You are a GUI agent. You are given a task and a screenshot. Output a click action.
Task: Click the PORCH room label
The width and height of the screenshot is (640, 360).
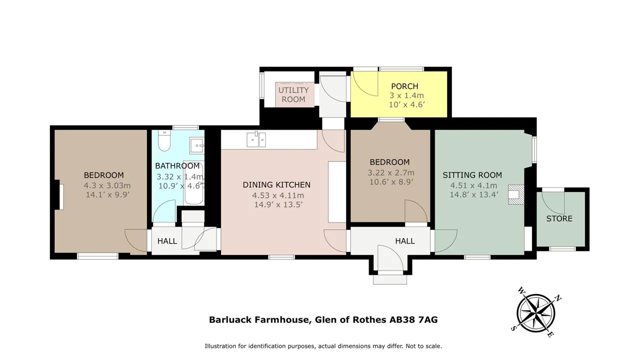pyautogui.click(x=404, y=86)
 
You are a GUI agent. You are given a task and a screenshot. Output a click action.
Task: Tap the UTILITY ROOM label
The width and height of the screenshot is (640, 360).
pyautogui.click(x=293, y=94)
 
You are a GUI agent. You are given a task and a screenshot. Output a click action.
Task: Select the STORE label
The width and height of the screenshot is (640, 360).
pyautogui.click(x=559, y=218)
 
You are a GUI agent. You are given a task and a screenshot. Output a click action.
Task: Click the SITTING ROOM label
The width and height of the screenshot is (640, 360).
pyautogui.click(x=472, y=175)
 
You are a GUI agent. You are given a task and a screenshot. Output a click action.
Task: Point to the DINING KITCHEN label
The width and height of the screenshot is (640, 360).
pyautogui.click(x=276, y=185)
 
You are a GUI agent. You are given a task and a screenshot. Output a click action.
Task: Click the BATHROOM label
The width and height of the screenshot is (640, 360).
pyautogui.click(x=177, y=165)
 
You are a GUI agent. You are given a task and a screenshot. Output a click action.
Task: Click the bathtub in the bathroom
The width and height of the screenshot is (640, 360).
pyautogui.click(x=193, y=183)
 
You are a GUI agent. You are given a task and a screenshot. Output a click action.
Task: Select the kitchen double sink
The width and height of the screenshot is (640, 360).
pyautogui.click(x=256, y=139)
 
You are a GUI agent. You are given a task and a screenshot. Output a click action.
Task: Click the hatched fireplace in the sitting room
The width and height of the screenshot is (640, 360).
pyautogui.click(x=516, y=194)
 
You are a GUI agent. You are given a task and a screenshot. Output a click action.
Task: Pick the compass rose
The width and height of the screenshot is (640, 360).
pyautogui.click(x=536, y=313)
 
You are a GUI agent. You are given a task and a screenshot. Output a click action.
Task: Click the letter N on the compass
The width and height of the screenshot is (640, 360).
pyautogui.click(x=557, y=299)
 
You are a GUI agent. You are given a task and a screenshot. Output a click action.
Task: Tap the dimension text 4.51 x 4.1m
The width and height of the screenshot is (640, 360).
pyautogui.click(x=473, y=185)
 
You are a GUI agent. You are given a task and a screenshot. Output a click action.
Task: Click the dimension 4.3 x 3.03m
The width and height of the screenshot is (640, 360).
pyautogui.click(x=107, y=185)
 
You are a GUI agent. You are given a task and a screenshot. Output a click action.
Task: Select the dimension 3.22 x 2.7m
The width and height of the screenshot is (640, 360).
pyautogui.click(x=391, y=172)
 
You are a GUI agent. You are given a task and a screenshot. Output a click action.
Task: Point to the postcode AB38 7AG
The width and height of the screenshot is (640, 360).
pyautogui.click(x=413, y=319)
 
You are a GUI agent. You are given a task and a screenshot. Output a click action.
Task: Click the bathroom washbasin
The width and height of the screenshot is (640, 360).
pyautogui.click(x=197, y=146)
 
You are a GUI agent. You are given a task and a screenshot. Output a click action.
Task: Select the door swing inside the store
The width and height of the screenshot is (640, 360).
pyautogui.click(x=553, y=203)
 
